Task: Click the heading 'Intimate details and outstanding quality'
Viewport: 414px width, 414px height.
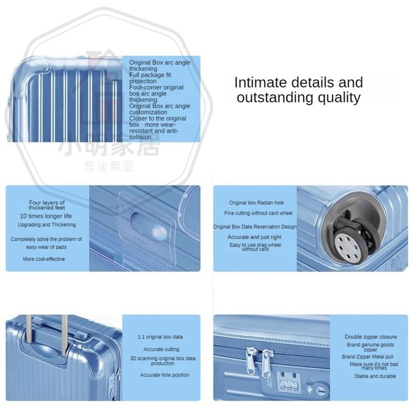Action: coord(299,90)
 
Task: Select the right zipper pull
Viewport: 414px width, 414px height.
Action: coord(267,363)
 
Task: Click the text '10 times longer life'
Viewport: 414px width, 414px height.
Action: coord(46,216)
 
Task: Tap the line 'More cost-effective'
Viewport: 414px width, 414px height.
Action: coord(44,259)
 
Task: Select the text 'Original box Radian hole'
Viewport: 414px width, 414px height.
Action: coord(256,203)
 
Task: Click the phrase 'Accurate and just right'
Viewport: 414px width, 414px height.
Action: coord(255,237)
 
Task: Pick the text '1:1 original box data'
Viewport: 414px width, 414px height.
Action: coord(160,337)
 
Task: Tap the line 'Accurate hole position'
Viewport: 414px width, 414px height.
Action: coord(165,375)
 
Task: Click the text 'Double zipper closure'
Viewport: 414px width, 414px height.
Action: coord(371,337)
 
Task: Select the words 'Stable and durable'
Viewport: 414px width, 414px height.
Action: coord(375,376)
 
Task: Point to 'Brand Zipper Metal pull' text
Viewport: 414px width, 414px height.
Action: coord(367,357)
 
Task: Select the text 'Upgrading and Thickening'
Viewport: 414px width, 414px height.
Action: coord(47,225)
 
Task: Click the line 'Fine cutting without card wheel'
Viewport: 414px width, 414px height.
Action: coord(258,213)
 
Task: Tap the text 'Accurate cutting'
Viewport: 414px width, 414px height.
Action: coord(161,349)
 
